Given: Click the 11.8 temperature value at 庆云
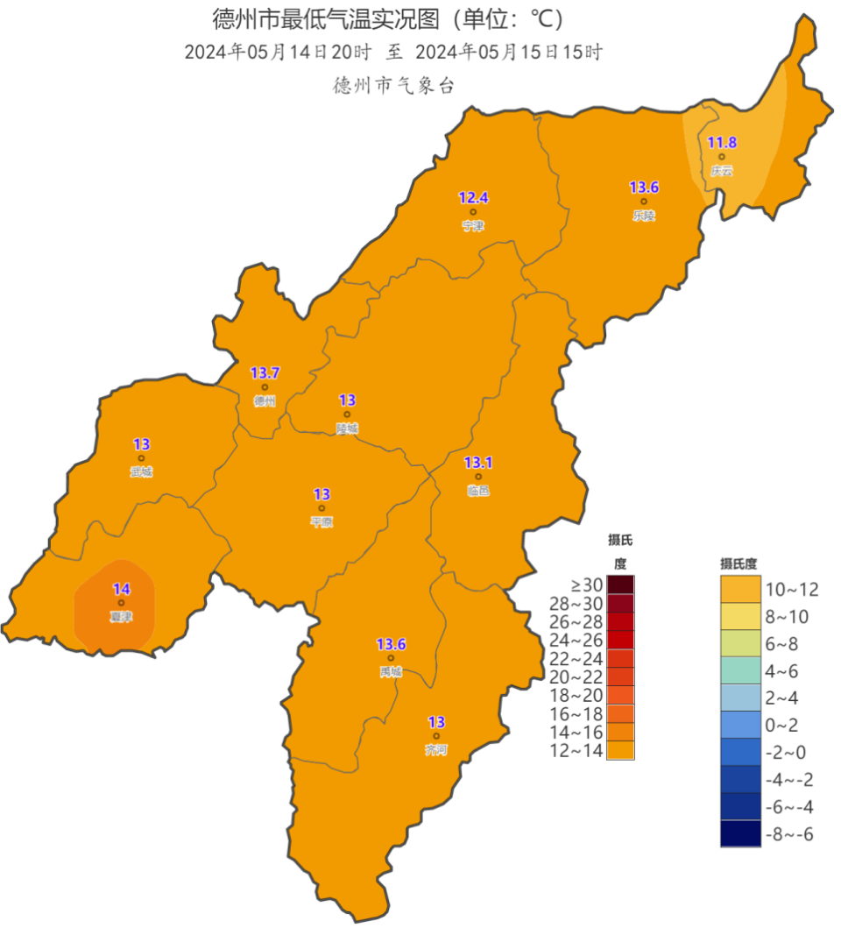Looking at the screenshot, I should [x=722, y=143].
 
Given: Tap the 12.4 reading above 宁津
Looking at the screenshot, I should [x=473, y=198].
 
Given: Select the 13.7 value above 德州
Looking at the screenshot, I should [x=265, y=373].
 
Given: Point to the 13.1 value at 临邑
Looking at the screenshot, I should [x=478, y=463].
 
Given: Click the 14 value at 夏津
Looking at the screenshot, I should [x=121, y=589].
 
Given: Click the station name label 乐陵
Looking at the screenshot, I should [x=643, y=216].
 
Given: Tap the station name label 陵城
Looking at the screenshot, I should [x=347, y=429].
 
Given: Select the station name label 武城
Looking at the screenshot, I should [x=141, y=472].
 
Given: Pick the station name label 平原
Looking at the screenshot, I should [x=322, y=522].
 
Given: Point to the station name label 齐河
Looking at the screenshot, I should [x=435, y=750].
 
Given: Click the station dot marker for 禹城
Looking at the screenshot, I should [x=391, y=658].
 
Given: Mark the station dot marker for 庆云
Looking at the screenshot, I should [x=722, y=157].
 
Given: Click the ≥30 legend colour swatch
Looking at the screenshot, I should [x=620, y=585].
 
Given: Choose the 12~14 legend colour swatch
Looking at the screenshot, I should [x=620, y=750].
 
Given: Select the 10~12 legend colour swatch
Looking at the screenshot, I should [x=740, y=589].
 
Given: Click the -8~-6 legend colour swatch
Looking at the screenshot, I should [x=740, y=833].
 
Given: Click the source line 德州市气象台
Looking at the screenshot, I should [x=394, y=85].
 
